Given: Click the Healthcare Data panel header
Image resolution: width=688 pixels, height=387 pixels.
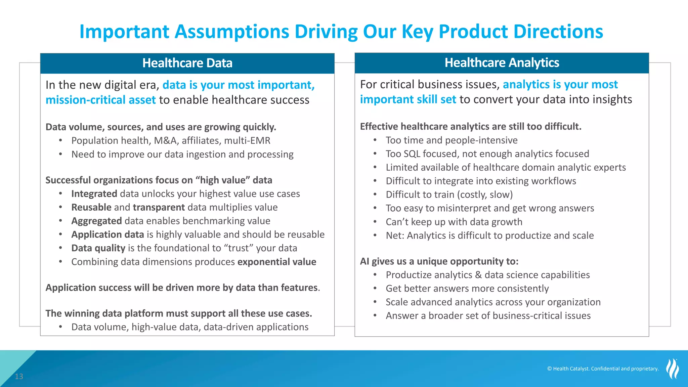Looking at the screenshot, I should tap(187, 63).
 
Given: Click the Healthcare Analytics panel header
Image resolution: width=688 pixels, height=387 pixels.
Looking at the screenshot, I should tap(502, 63).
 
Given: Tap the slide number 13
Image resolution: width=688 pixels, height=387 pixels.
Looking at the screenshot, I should tap(19, 377).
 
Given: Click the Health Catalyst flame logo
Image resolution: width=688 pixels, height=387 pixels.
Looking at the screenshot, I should tap(673, 369).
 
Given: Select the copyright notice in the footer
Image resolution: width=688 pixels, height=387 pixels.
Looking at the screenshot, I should tap(603, 369).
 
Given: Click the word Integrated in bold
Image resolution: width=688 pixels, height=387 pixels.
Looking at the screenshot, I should tap(94, 194).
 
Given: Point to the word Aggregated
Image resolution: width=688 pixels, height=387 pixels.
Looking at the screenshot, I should tap(96, 221).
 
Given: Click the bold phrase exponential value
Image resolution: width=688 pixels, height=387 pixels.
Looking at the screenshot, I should tap(276, 262).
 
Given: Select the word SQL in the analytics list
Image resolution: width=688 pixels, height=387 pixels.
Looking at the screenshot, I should tap(411, 154).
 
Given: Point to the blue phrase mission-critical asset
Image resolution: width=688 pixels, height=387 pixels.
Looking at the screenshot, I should tap(100, 100).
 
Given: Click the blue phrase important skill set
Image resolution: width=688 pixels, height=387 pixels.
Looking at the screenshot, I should tap(408, 99).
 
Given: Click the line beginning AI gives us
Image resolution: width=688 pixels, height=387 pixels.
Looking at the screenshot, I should tap(439, 261).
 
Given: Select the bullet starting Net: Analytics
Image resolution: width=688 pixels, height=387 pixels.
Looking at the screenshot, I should tap(489, 235).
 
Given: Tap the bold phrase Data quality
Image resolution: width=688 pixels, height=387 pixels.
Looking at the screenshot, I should tap(98, 248).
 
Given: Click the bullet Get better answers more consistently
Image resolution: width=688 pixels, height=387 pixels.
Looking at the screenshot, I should tap(467, 289).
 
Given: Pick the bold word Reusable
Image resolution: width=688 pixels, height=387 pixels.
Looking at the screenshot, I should tap(91, 207).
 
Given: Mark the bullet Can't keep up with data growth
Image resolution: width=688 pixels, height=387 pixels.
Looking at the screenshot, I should tap(454, 222).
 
